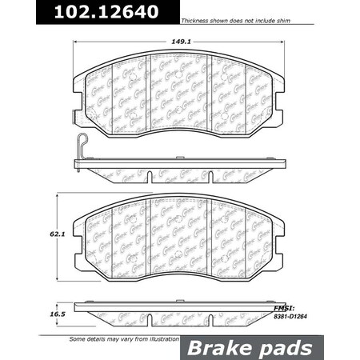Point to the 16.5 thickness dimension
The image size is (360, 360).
point(54,316)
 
